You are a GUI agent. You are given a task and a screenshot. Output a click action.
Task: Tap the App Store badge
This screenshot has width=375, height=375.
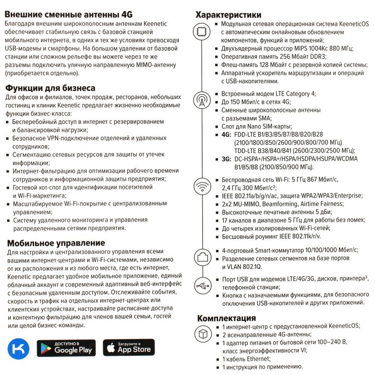point(128,347)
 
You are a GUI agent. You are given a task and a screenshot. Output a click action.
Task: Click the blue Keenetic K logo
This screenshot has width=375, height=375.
point(19,347)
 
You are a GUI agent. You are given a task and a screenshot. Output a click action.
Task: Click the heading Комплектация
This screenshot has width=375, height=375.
point(226,318)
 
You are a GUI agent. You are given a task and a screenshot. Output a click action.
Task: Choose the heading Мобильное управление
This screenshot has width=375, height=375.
point(56,243)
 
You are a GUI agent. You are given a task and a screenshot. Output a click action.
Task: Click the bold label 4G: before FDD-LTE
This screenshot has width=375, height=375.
point(226,134)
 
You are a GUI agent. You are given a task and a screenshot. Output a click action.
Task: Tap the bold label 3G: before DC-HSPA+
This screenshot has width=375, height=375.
point(226,159)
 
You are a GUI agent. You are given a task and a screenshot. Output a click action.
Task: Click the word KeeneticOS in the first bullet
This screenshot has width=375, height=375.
point(345,24)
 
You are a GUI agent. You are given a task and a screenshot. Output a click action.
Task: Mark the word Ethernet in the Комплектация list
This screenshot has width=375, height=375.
point(257,359)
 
